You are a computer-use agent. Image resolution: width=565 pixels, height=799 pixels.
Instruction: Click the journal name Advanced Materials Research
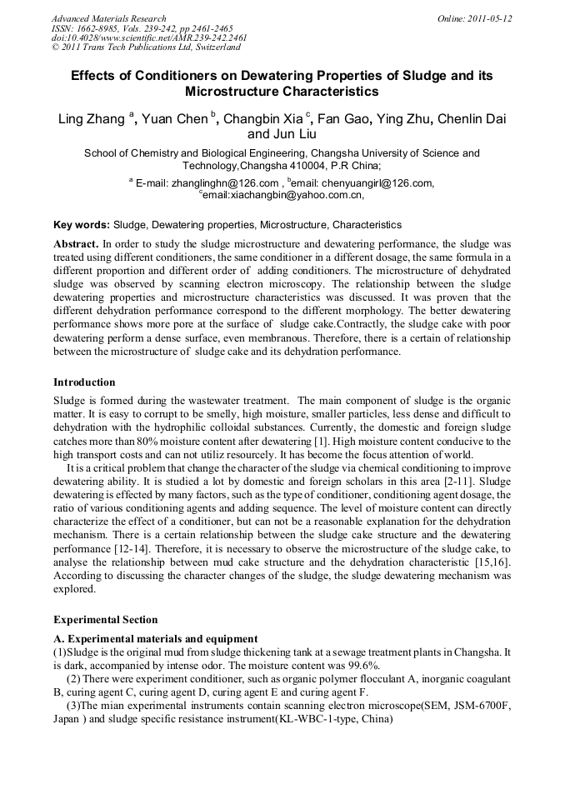coord(108,18)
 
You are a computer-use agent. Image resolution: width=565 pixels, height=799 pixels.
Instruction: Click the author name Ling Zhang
coord(91,119)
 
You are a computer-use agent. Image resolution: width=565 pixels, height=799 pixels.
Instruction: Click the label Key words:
coord(81,225)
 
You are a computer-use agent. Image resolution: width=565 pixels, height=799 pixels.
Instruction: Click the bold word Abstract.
coord(76,244)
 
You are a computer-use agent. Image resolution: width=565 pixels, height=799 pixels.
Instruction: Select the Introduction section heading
coord(85,382)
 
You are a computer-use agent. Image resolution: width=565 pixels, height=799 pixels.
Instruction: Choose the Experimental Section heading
coord(105,620)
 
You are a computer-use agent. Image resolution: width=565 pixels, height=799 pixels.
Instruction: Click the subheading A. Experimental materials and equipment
coord(156,639)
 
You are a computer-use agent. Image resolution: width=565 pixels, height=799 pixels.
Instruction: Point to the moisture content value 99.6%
coord(363,665)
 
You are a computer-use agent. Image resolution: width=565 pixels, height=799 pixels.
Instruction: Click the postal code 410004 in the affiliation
coord(309,166)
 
